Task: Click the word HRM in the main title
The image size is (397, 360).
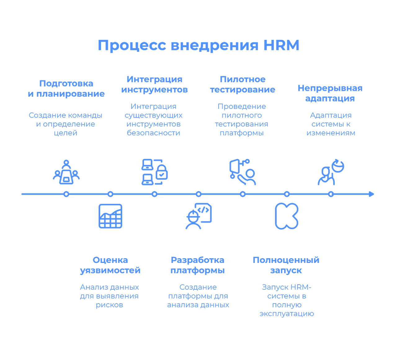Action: pyautogui.click(x=281, y=45)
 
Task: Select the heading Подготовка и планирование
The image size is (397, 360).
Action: pyautogui.click(x=66, y=89)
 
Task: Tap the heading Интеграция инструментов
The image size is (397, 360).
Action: pyautogui.click(x=154, y=85)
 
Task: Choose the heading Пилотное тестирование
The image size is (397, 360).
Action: pyautogui.click(x=243, y=85)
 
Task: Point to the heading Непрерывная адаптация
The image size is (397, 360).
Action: pyautogui.click(x=330, y=93)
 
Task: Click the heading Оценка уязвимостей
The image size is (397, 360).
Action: pyautogui.click(x=110, y=265)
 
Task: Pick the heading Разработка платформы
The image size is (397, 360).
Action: pyautogui.click(x=198, y=265)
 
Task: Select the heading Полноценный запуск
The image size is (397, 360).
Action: pyautogui.click(x=286, y=265)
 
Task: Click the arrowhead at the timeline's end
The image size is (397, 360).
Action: pyautogui.click(x=372, y=194)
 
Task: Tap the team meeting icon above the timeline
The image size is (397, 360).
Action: pyautogui.click(x=66, y=172)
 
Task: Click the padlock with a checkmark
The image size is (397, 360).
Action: pyautogui.click(x=162, y=172)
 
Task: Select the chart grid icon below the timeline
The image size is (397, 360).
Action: pyautogui.click(x=110, y=216)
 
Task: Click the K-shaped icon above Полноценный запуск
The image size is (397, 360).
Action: pyautogui.click(x=287, y=216)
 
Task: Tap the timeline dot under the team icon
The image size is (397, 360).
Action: pyautogui.click(x=66, y=194)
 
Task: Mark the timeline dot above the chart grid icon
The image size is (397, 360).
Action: pyautogui.click(x=110, y=194)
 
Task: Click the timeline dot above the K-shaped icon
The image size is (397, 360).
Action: pyautogui.click(x=287, y=194)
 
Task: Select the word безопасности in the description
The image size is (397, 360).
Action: pyautogui.click(x=154, y=133)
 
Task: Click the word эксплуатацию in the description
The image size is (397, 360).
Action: pyautogui.click(x=287, y=314)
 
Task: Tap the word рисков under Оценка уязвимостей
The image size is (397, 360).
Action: pyautogui.click(x=109, y=305)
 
